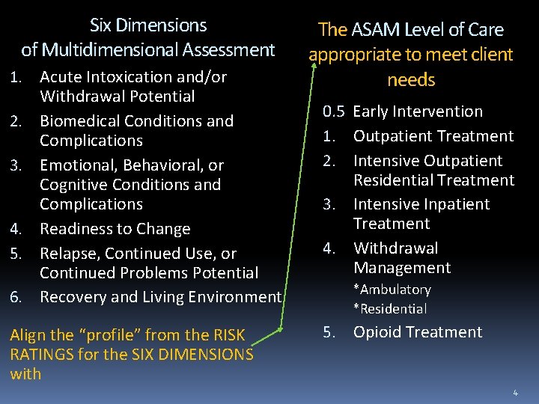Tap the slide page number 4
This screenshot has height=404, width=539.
516,392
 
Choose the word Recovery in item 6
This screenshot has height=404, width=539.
73,297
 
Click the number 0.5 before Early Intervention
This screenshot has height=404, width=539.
334,111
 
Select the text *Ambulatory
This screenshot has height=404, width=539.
392,290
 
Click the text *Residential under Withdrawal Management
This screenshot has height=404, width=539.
390,308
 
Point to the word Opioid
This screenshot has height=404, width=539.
378,332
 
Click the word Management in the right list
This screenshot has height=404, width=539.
402,268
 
